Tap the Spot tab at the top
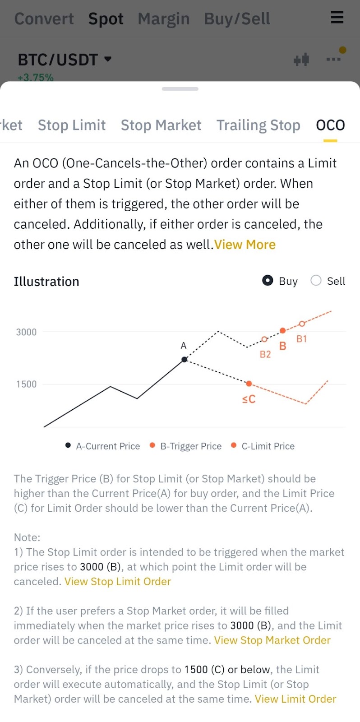106,19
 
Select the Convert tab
44,19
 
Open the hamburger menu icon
337,18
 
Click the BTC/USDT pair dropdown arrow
107,59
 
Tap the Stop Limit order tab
72,125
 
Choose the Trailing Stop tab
258,125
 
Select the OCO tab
330,125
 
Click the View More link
245,245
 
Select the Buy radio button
268,281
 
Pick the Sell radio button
316,281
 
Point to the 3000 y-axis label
26,332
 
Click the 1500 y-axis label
26,384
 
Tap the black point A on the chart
184,360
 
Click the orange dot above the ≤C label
249,384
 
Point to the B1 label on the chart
301,339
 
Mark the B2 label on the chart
265,355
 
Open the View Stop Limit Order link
117,582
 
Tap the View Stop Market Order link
272,640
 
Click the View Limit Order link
295,699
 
